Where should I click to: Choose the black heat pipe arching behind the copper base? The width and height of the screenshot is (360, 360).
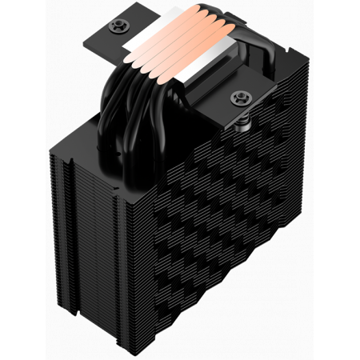pos(220,48)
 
